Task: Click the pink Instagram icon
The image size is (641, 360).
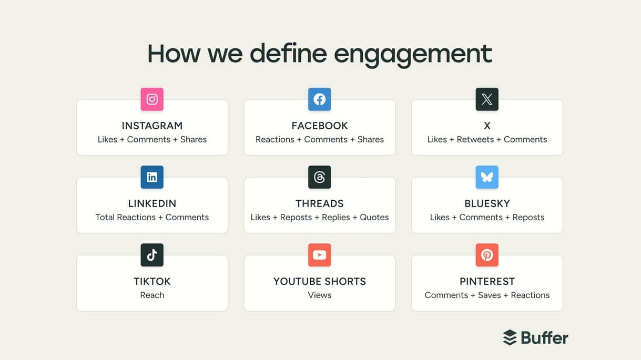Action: pos(152,99)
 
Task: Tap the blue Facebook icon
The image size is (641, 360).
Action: pos(319,99)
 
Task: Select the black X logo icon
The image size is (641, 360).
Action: pos(487,99)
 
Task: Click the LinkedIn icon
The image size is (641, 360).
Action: pos(152,177)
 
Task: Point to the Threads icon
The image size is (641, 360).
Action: pos(319,177)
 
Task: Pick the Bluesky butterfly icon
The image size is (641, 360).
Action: pos(487,177)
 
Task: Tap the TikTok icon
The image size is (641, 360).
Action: pos(152,255)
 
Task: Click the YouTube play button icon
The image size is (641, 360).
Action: pos(319,255)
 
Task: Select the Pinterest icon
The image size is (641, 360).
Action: pos(487,255)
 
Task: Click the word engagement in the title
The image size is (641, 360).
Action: pos(413,54)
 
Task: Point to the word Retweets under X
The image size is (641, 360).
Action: pos(475,139)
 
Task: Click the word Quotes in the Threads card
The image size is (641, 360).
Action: pos(374,217)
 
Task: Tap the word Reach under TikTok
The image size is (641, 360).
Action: pos(152,295)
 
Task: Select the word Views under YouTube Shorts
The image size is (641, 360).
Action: pos(320,295)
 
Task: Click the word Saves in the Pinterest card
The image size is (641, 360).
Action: pos(490,295)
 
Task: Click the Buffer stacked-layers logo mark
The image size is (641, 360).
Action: pos(510,337)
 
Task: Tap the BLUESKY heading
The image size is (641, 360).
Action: pos(487,203)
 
